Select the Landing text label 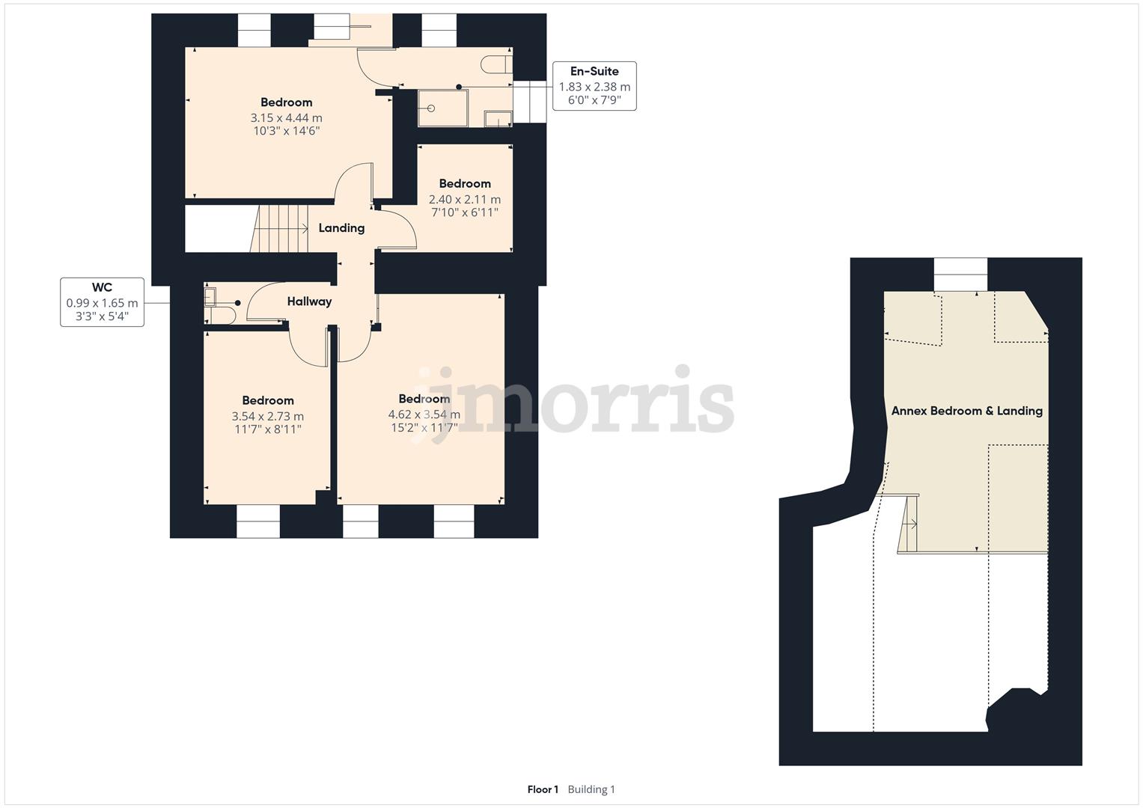click(x=341, y=228)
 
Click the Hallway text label click(x=309, y=302)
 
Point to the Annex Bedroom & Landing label click(x=966, y=411)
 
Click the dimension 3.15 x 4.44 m click(x=286, y=118)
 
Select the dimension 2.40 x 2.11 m click(x=464, y=200)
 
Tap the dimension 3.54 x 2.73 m click(x=267, y=417)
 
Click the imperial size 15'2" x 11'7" click(x=424, y=428)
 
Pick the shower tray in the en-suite click(x=442, y=108)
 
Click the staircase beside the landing click(x=283, y=229)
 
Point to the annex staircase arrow click(x=912, y=524)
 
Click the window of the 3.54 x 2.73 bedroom click(x=257, y=521)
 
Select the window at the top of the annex click(x=960, y=274)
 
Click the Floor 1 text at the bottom click(x=543, y=789)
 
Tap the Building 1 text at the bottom click(x=591, y=789)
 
